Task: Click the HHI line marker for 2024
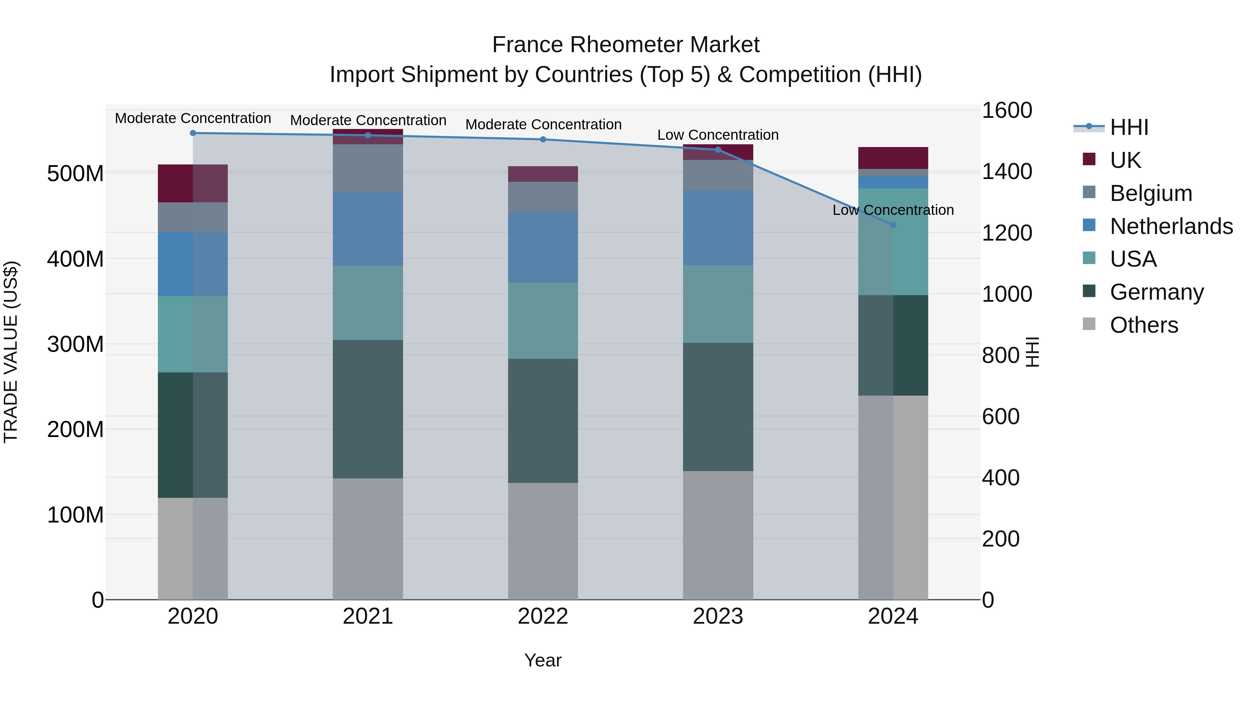pos(893,225)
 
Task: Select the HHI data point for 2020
pos(193,133)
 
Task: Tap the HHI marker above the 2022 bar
pos(543,139)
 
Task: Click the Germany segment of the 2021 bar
pos(368,409)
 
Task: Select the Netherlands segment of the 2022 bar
pos(543,247)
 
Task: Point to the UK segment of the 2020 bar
pos(193,183)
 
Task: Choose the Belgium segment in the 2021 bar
pos(368,168)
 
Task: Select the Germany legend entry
pos(1157,292)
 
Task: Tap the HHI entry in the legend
pos(1129,127)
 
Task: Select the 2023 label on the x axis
pos(718,616)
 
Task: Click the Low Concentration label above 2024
pos(893,210)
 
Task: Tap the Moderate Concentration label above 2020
pos(193,118)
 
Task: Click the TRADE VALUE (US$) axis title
pos(11,352)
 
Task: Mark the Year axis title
pos(543,660)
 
